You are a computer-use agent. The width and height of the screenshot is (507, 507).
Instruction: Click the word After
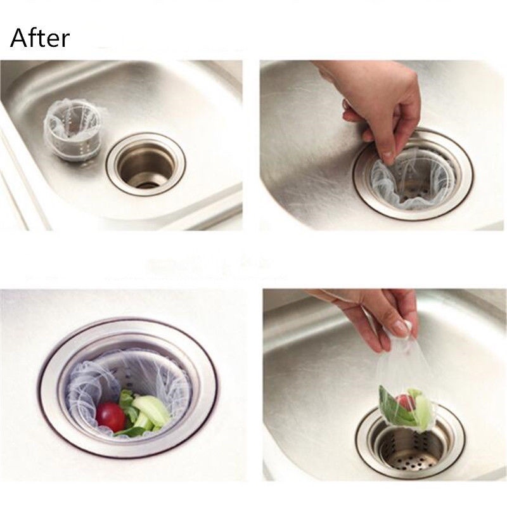tap(40, 38)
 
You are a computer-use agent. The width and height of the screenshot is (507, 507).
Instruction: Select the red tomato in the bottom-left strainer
tap(110, 417)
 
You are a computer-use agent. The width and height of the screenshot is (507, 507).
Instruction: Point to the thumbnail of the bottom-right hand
tap(401, 326)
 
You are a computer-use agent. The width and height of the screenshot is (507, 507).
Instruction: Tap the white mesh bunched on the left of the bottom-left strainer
tap(85, 388)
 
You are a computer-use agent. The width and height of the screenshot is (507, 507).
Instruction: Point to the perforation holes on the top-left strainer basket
tap(77, 142)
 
